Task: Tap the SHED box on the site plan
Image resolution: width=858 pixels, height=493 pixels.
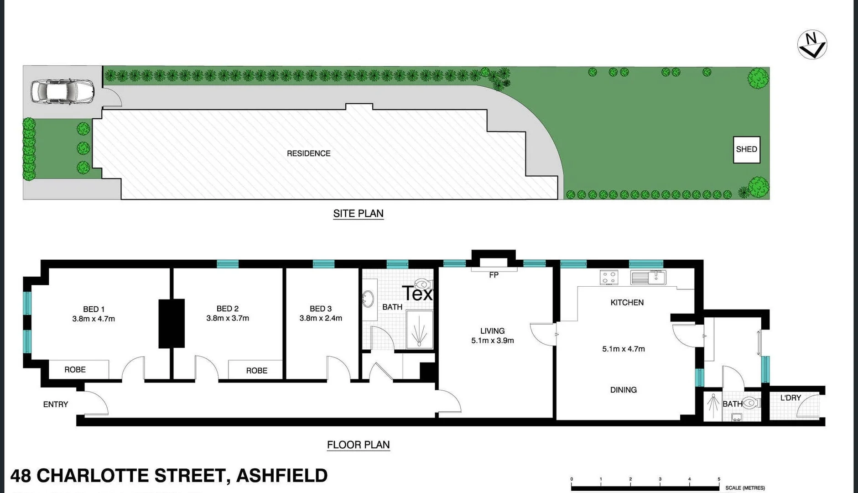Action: (x=746, y=150)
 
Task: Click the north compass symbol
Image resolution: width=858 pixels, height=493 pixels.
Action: (x=812, y=45)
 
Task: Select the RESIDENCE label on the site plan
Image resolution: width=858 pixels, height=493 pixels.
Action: (x=308, y=153)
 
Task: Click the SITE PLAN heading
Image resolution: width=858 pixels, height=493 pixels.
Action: (x=358, y=214)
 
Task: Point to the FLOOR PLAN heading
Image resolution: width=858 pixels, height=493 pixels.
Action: (x=358, y=445)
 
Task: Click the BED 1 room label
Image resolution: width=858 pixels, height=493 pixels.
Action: (x=94, y=309)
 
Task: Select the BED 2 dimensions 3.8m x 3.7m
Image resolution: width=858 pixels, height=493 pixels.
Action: (x=228, y=318)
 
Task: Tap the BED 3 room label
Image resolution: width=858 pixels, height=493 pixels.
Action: (x=321, y=309)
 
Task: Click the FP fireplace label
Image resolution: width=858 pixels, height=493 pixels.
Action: (x=494, y=275)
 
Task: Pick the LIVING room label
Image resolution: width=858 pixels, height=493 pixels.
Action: (x=492, y=330)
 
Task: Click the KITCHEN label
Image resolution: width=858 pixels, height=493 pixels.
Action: (x=627, y=302)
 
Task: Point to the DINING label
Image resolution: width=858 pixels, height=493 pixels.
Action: (x=623, y=390)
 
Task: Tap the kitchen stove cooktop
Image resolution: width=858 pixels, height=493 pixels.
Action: (x=609, y=278)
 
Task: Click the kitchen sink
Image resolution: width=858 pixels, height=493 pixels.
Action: (x=648, y=277)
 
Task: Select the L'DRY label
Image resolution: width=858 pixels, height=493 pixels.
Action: (x=790, y=398)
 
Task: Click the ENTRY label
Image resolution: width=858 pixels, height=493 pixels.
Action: (x=56, y=404)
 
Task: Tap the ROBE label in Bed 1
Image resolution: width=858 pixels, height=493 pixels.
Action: (x=75, y=370)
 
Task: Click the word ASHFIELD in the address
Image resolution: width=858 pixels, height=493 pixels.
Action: (x=282, y=476)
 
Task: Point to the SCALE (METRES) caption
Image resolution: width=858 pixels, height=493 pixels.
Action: (x=745, y=488)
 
